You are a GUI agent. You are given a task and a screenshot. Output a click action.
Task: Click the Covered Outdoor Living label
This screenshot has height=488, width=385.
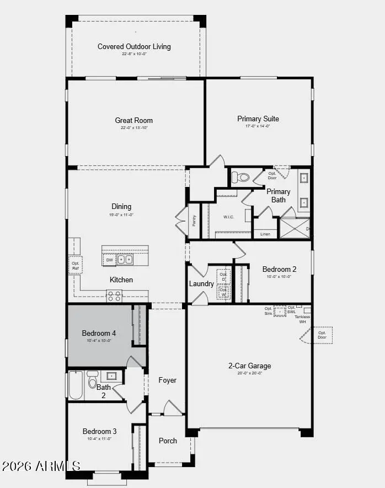click(134, 47)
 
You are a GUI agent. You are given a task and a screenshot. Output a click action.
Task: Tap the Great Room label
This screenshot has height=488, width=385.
click(134, 121)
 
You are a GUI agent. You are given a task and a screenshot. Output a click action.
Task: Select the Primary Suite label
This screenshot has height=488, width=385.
click(258, 119)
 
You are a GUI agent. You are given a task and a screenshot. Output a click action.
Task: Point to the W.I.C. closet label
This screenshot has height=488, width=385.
click(228, 217)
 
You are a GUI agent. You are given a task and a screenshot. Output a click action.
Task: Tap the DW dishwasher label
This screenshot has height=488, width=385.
click(109, 259)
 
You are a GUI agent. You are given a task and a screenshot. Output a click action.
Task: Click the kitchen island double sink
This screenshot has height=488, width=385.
click(125, 259)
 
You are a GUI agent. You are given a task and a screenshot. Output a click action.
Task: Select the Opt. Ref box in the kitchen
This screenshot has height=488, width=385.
click(76, 265)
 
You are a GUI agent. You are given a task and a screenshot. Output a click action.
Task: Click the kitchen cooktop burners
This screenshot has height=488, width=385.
click(114, 296)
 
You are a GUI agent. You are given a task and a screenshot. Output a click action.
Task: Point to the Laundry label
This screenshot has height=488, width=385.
click(201, 284)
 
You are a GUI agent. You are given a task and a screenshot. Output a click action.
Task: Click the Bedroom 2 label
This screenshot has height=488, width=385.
click(279, 270)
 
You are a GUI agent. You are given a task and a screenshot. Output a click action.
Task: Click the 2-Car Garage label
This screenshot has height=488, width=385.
click(250, 366)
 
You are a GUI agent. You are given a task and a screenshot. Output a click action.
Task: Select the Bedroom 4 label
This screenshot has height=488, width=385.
click(99, 334)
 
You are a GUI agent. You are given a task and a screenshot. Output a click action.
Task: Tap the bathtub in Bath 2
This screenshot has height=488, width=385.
click(76, 385)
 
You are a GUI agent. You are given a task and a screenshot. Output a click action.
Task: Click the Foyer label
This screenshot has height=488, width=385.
click(167, 380)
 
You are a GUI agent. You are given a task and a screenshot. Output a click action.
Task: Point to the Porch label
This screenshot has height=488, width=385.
click(168, 441)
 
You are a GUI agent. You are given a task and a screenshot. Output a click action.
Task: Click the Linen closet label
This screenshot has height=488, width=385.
click(265, 234)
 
